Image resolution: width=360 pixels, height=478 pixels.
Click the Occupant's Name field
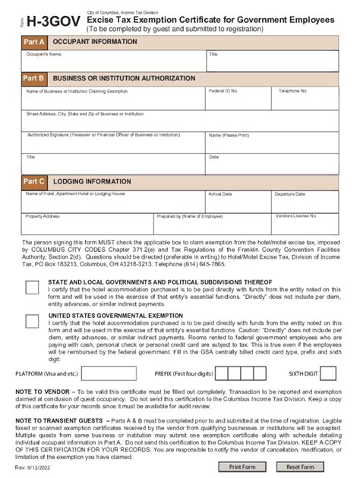click(x=114, y=61)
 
